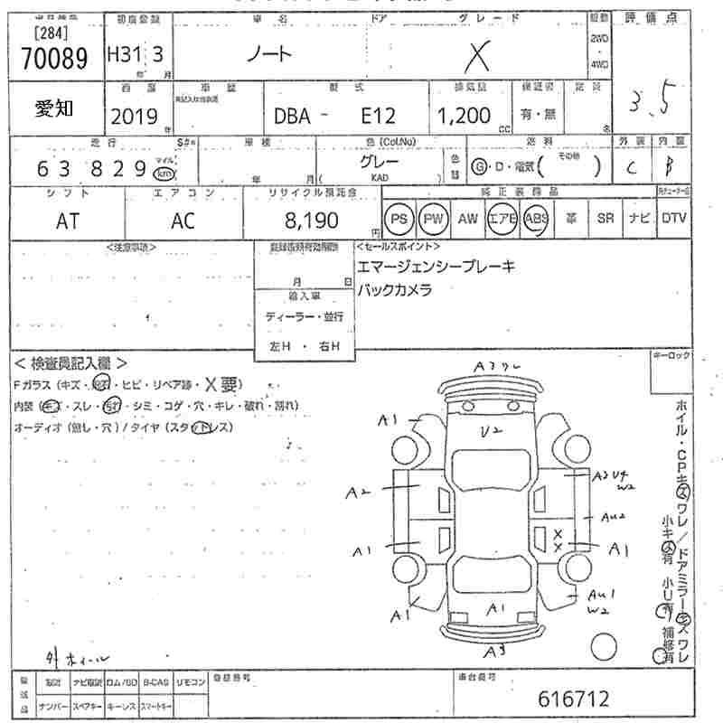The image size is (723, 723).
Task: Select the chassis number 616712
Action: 573,699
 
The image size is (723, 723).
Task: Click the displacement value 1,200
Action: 464,116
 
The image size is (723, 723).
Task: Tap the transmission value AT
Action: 68,221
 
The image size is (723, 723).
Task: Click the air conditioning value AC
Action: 183,221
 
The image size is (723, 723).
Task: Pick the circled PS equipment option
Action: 399,219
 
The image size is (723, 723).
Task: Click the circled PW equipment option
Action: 434,219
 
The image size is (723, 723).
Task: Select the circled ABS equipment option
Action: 536,219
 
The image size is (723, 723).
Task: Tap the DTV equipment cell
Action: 673,219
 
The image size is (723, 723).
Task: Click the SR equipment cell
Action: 605,219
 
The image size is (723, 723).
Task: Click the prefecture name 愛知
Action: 54,108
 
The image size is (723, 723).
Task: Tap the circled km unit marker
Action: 164,174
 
